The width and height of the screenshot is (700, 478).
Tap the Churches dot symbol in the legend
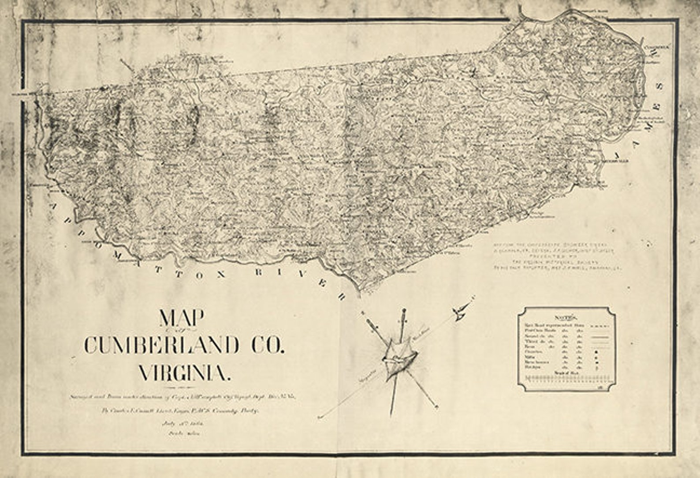[x=596, y=352]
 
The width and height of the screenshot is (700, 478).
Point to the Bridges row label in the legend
[x=532, y=367]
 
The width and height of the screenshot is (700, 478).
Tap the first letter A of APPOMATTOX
[x=53, y=207]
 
